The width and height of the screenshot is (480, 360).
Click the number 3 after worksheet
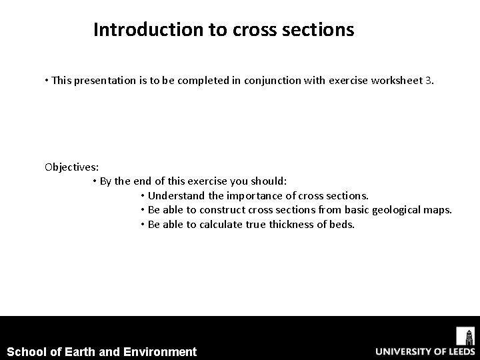(428, 81)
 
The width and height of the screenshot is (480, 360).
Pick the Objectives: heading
(71, 167)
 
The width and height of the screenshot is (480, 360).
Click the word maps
(438, 210)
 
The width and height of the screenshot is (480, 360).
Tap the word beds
(343, 224)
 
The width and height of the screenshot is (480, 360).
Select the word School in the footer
(25, 351)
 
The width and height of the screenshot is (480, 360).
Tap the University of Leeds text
(424, 351)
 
